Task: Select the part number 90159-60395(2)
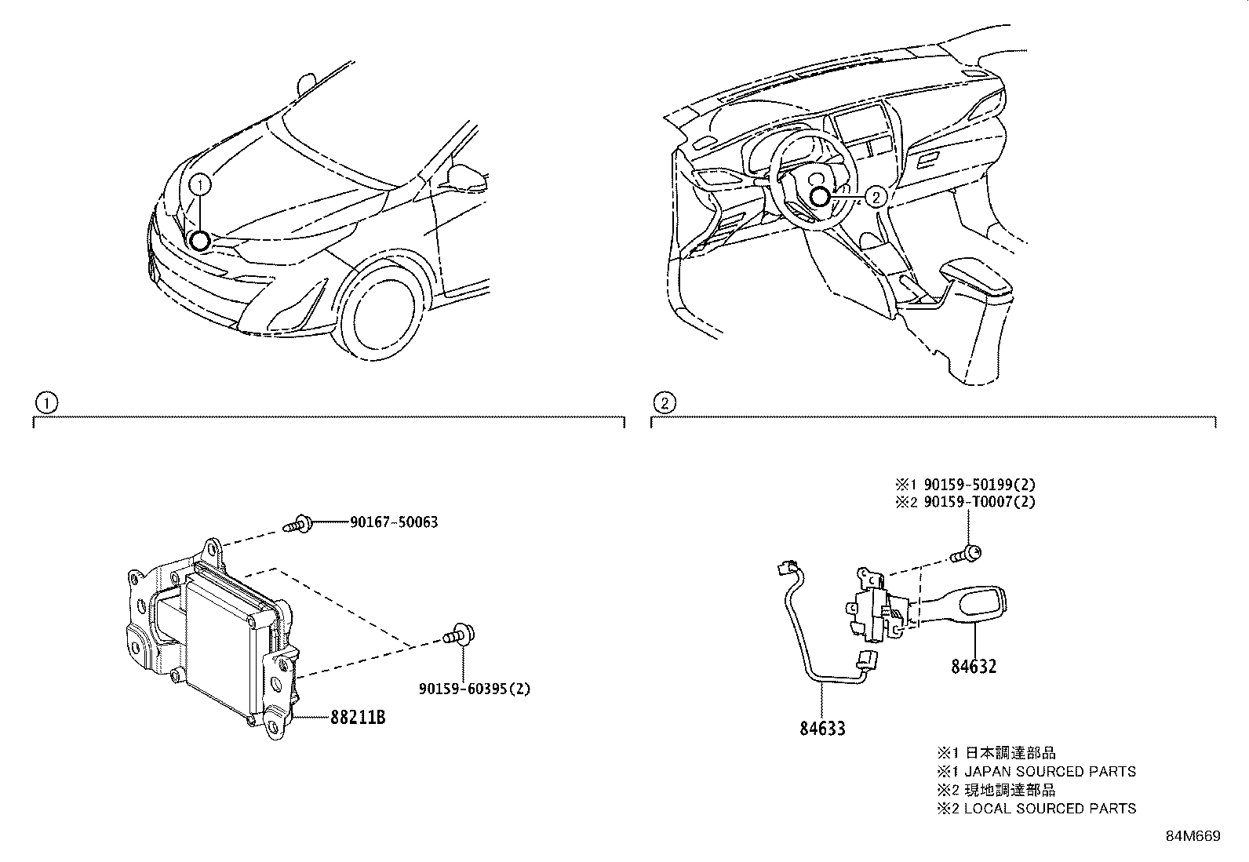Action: (475, 689)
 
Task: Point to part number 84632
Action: (974, 667)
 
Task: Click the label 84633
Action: (822, 729)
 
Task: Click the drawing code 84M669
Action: (1193, 837)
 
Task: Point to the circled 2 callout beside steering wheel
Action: (876, 198)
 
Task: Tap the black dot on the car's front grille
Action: (200, 241)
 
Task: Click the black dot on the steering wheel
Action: (821, 198)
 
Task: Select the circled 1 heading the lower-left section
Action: (46, 403)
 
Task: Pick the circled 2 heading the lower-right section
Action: (664, 403)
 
